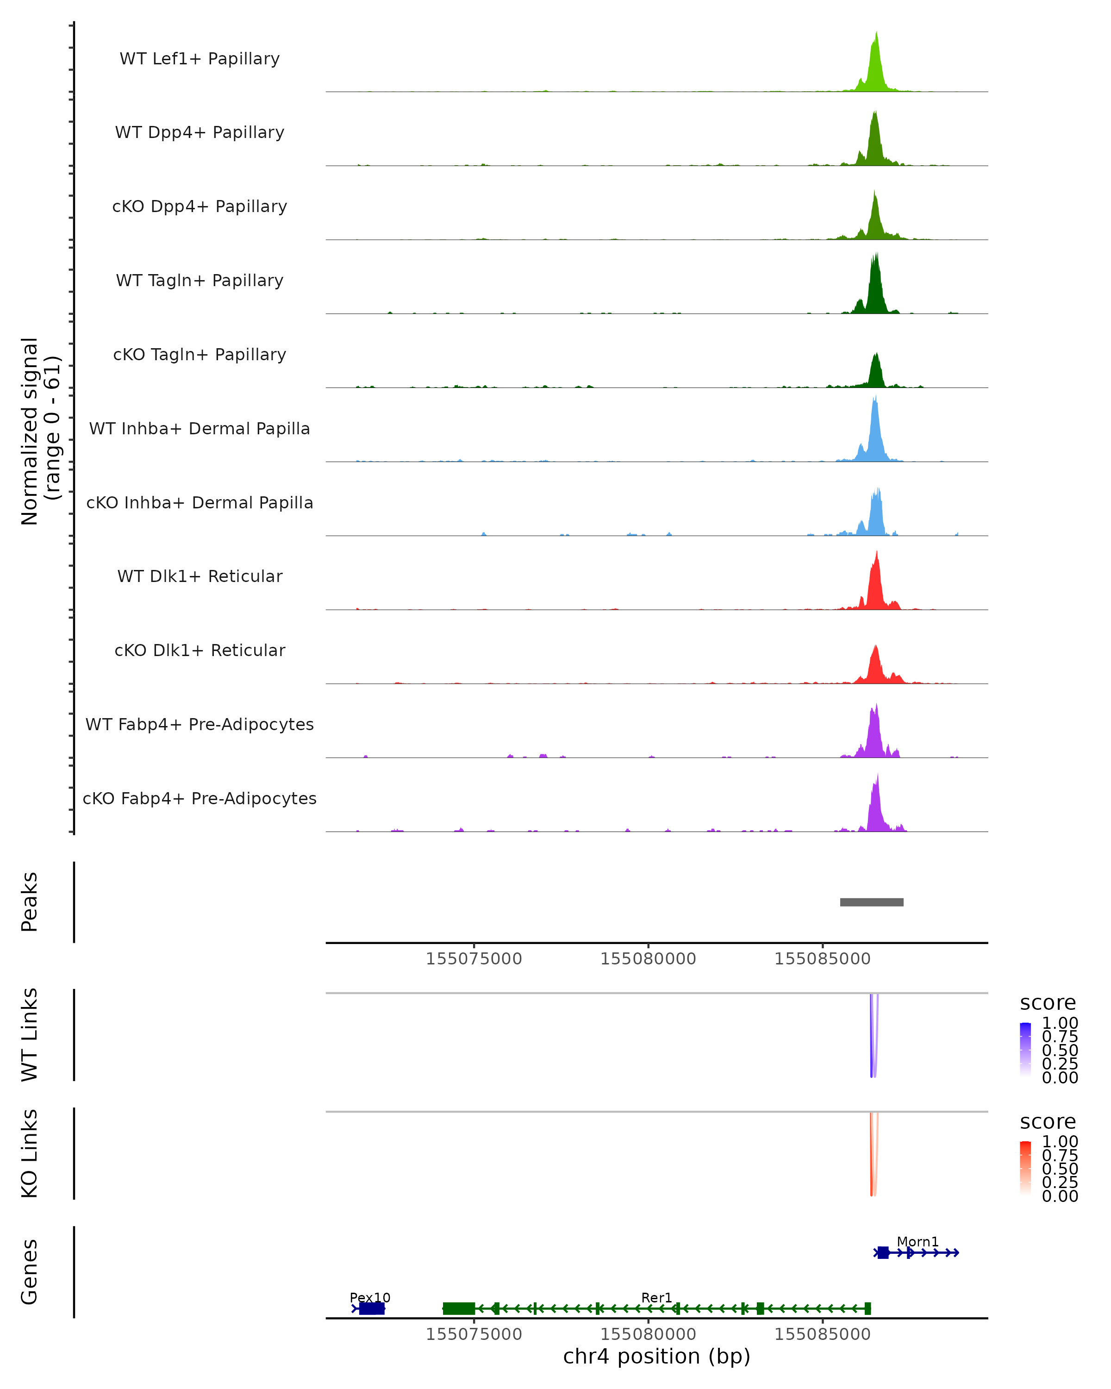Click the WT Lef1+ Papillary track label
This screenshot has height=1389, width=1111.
[x=200, y=59]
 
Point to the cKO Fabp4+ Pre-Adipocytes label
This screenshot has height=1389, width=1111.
[x=200, y=798]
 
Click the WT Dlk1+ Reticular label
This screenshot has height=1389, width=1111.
[x=200, y=576]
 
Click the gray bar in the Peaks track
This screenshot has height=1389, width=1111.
[x=871, y=902]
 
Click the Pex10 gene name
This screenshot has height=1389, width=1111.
[x=370, y=1297]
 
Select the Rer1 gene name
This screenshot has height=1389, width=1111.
[x=656, y=1297]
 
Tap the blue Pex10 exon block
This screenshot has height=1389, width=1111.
[x=372, y=1308]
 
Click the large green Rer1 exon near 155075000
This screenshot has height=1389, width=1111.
[x=459, y=1308]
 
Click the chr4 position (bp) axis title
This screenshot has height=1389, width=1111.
[x=656, y=1357]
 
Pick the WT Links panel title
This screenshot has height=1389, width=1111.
[x=30, y=1035]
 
